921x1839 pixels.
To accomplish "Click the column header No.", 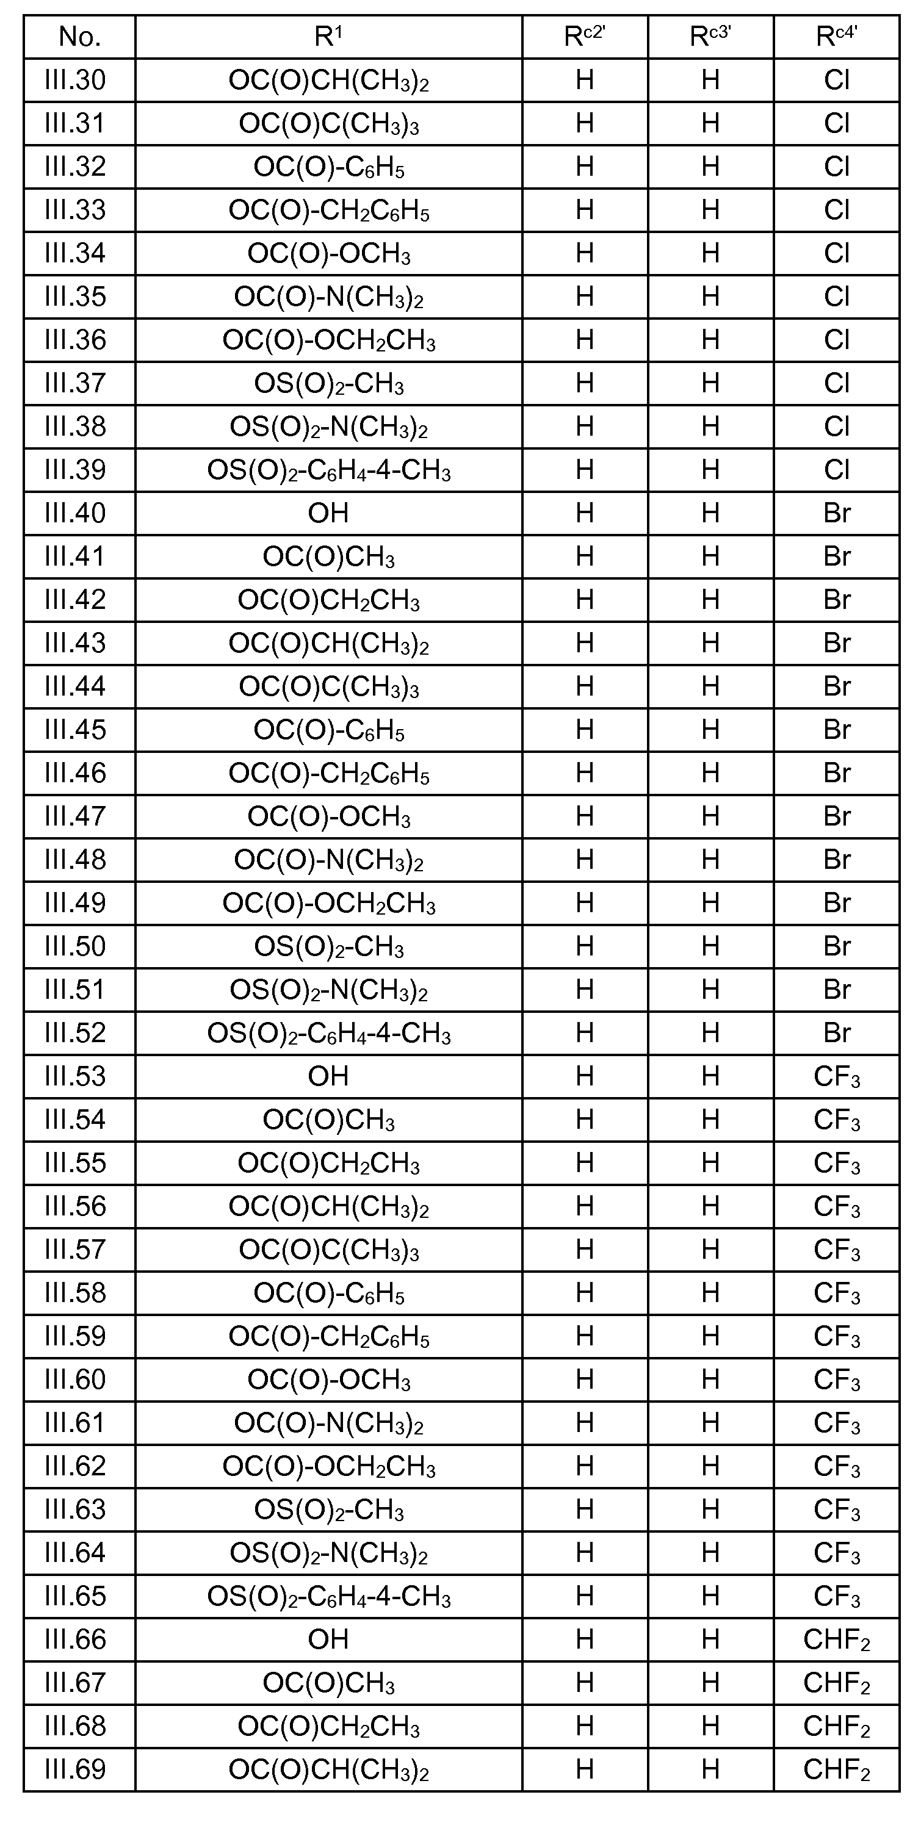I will point(79,37).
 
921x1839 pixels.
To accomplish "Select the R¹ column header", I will point(328,37).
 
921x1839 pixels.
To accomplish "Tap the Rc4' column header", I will point(836,37).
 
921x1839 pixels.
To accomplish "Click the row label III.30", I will point(75,80).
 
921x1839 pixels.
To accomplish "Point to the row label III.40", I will point(75,513).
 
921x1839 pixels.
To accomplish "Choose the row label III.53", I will point(75,1076).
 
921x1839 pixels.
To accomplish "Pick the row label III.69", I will point(75,1769).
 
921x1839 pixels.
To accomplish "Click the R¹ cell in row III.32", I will point(328,167).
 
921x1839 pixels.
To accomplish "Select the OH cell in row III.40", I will point(328,513).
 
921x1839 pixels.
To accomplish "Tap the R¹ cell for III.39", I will point(328,470).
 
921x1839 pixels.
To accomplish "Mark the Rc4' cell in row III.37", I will point(836,383).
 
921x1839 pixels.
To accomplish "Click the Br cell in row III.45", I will point(836,730).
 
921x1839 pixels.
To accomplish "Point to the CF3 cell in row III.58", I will point(836,1293).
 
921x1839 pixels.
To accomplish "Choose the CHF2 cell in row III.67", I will point(836,1683).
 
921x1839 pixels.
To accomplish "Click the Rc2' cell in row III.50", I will point(585,946).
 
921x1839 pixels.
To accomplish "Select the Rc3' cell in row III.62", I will point(710,1466).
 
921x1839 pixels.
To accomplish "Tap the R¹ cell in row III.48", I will point(328,860).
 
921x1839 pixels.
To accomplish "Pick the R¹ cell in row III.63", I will point(328,1509).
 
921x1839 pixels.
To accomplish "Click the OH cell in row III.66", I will point(328,1639).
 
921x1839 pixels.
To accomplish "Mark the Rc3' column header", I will point(710,37).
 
